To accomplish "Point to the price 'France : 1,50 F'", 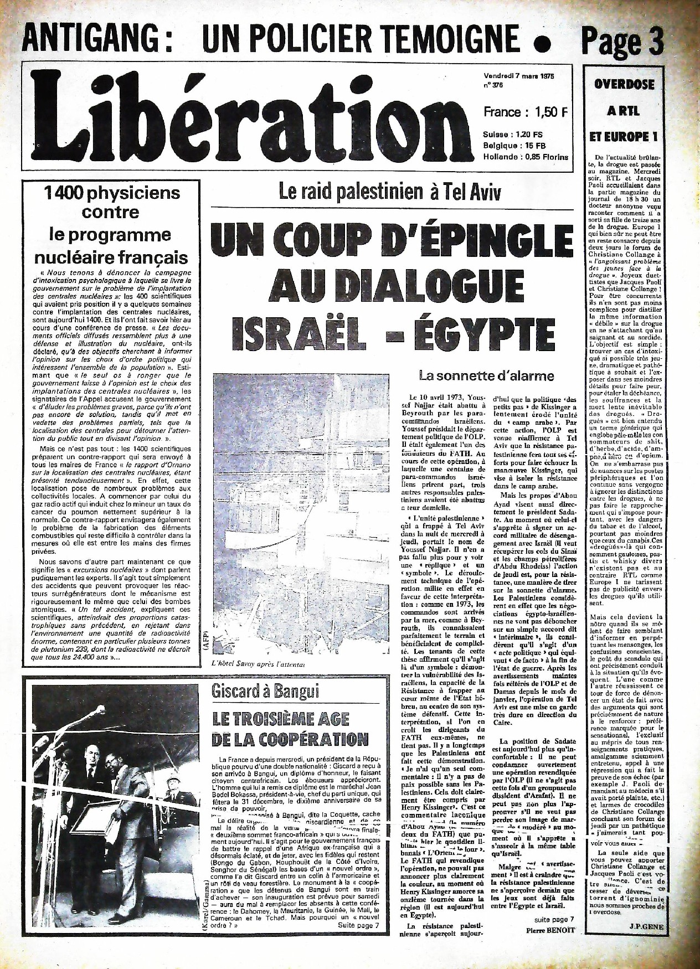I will coord(526,111).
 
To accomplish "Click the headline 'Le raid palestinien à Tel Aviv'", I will coord(390,193).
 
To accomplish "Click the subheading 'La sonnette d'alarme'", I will coord(486,376).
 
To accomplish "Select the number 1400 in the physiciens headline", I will coord(73,193).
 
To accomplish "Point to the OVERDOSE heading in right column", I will coord(624,85).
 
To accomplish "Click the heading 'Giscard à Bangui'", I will coord(258,692).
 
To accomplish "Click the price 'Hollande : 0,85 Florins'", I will coord(526,157).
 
